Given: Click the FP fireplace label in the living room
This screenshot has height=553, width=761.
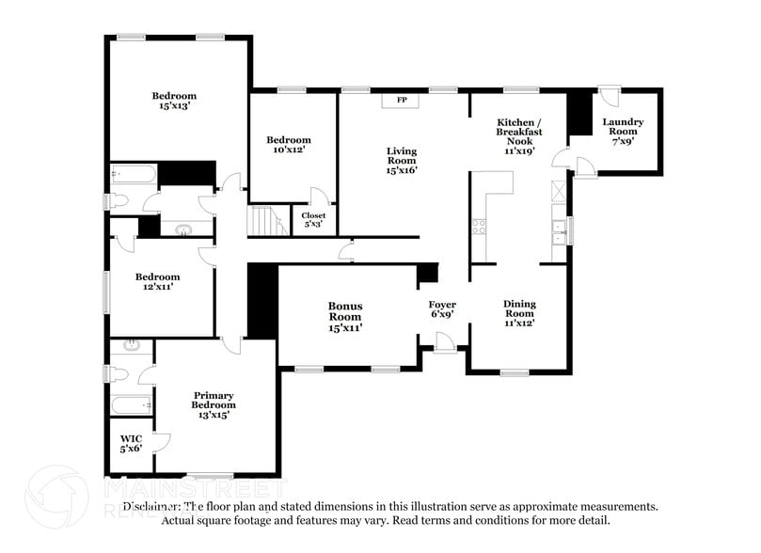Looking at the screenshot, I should [402, 100].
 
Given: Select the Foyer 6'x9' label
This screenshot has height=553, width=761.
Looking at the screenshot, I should [442, 309].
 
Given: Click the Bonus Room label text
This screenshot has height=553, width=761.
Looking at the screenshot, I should [345, 316].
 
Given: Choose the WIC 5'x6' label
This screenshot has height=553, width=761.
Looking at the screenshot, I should [130, 444].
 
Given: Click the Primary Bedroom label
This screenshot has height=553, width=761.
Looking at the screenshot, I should [214, 404].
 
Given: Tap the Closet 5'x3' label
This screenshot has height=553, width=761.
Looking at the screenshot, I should [313, 220].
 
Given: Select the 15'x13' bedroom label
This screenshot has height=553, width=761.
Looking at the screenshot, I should [175, 102].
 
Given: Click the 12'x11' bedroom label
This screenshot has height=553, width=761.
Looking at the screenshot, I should [156, 281].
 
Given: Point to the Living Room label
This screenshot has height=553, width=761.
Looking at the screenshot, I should [402, 160].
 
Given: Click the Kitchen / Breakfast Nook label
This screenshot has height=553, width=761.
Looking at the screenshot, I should [519, 136].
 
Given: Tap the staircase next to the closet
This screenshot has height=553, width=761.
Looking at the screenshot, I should [265, 222].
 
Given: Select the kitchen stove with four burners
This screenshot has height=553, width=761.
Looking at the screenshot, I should [478, 226].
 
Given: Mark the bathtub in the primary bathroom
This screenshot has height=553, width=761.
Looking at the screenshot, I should [130, 405].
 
